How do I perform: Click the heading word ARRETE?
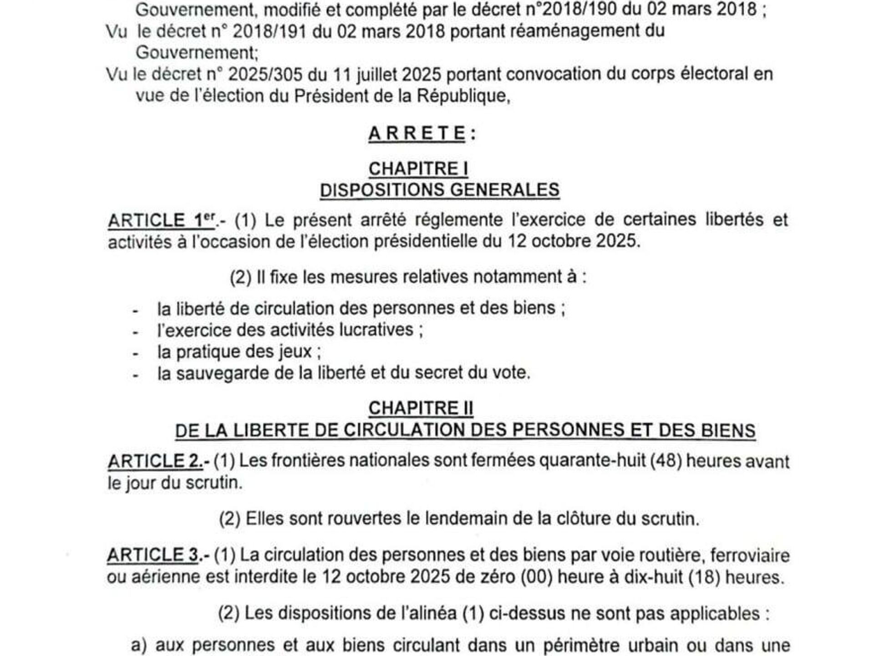click(417, 134)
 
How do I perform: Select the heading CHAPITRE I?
click(418, 169)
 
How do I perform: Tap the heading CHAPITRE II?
click(421, 408)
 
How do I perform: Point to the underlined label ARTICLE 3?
click(153, 555)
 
